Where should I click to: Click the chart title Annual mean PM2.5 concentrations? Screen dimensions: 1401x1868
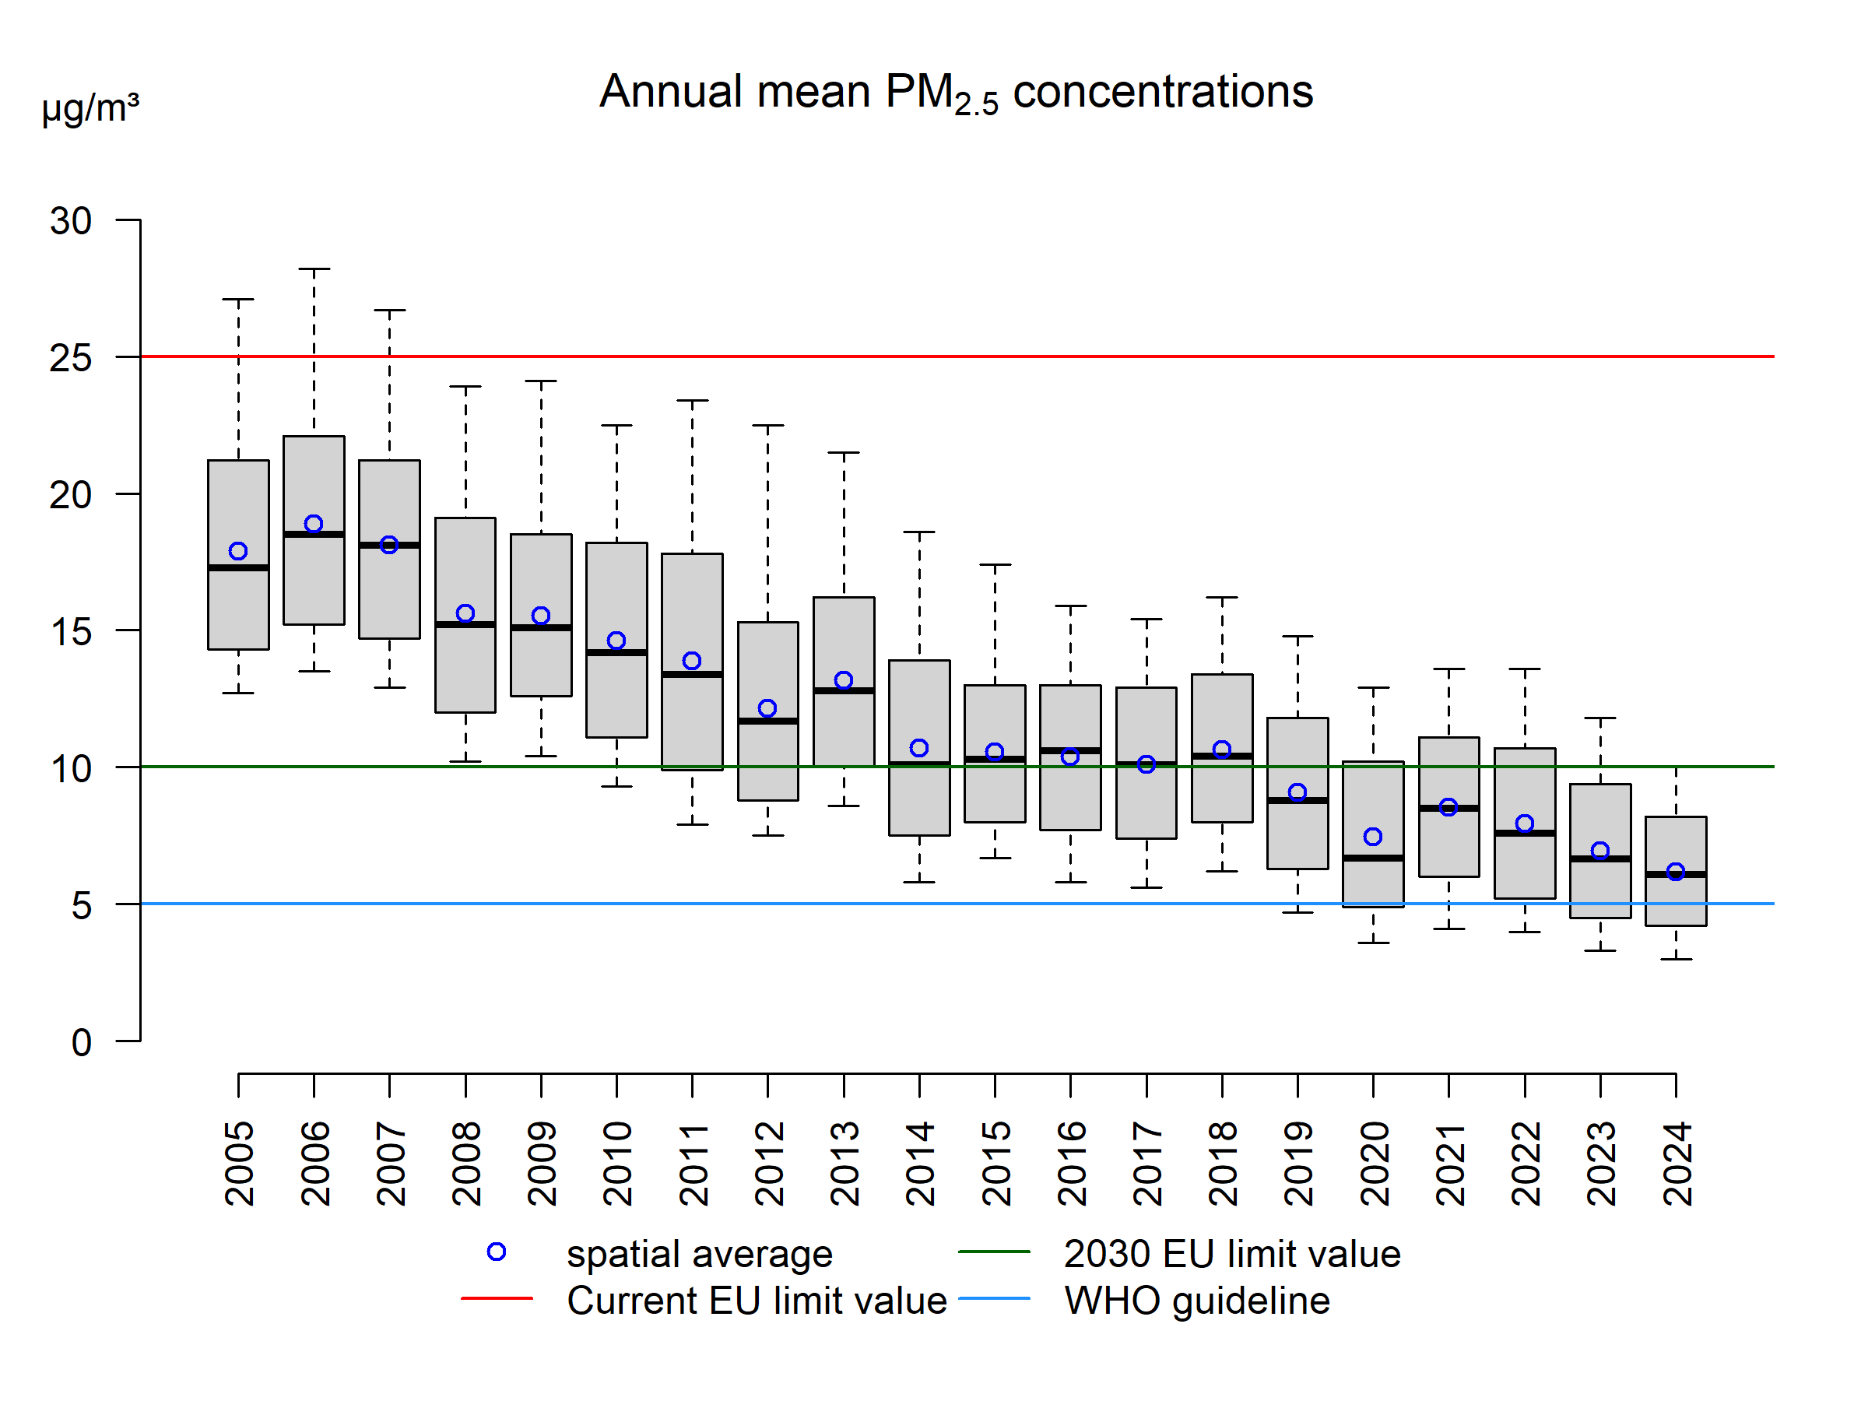pyautogui.click(x=955, y=92)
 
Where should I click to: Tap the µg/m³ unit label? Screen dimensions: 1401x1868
pyautogui.click(x=90, y=108)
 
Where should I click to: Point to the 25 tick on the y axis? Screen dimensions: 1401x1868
pyautogui.click(x=71, y=358)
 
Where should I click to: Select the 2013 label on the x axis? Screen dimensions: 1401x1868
pyautogui.click(x=844, y=1163)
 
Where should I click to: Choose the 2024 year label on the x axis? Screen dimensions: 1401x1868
pyautogui.click(x=1677, y=1163)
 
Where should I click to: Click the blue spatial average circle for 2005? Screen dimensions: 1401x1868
pyautogui.click(x=238, y=551)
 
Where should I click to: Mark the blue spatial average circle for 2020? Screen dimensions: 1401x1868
pyautogui.click(x=1373, y=837)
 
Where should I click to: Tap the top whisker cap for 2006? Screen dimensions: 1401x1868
pyautogui.click(x=314, y=269)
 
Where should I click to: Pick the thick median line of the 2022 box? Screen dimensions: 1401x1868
pyautogui.click(x=1525, y=834)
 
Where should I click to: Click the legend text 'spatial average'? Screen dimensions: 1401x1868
pyautogui.click(x=699, y=1254)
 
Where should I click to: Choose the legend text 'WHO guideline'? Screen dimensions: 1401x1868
pyautogui.click(x=1196, y=1301)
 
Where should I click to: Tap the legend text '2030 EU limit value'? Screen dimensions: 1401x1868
pyautogui.click(x=1232, y=1254)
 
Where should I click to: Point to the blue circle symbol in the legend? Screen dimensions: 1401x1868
pyautogui.click(x=497, y=1252)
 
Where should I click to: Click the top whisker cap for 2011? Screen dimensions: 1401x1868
pyautogui.click(x=693, y=401)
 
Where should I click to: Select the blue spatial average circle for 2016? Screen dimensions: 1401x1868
pyautogui.click(x=1070, y=757)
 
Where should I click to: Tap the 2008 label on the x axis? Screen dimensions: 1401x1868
pyautogui.click(x=466, y=1163)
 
